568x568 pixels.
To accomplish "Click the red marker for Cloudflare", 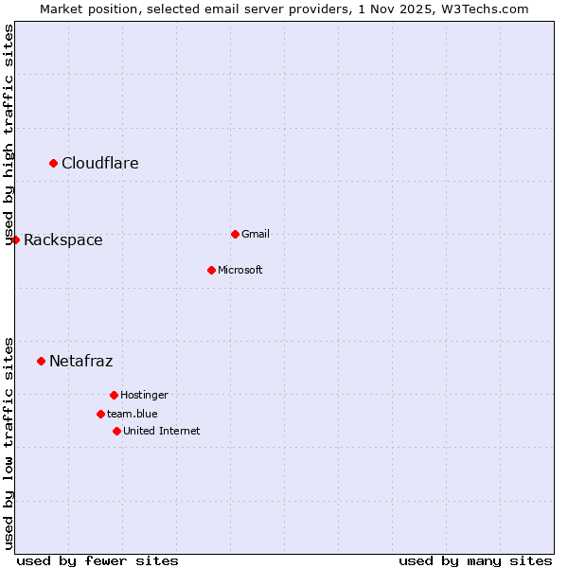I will click(x=54, y=164).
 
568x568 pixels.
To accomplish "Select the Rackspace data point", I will click(x=15, y=240).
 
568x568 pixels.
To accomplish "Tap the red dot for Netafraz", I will click(x=41, y=361).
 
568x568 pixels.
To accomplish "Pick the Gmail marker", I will click(x=235, y=234).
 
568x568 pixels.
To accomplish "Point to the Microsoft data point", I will click(x=211, y=270).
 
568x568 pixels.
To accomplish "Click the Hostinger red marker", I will click(x=114, y=395).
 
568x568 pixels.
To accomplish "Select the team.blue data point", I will click(x=100, y=414).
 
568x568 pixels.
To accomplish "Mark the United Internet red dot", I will click(x=116, y=431).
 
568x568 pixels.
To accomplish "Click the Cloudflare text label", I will click(x=100, y=164).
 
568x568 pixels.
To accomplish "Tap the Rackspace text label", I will click(x=63, y=240).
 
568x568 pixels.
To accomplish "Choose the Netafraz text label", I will click(x=81, y=361).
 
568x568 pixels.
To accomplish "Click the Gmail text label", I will click(x=256, y=234).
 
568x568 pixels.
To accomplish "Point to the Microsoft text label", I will click(x=240, y=270).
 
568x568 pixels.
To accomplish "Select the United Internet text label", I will click(x=162, y=431).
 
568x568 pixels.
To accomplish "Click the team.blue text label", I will click(x=133, y=414).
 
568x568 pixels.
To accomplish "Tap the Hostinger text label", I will click(x=145, y=395).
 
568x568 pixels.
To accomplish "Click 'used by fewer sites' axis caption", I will click(x=98, y=560).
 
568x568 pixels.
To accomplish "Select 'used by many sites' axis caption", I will click(x=475, y=560).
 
